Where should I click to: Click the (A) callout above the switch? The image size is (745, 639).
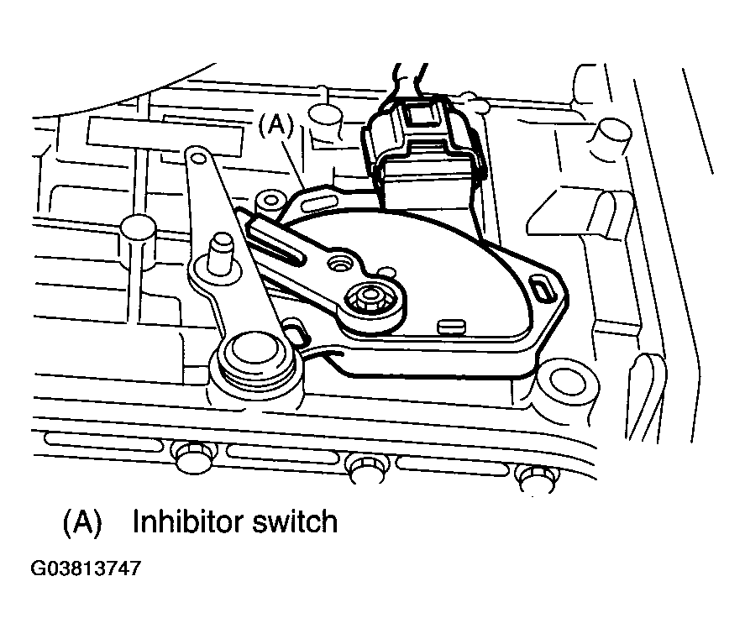276,126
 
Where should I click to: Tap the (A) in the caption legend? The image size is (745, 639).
82,523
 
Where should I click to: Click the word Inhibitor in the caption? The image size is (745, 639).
188,521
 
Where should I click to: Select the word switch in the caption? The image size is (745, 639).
295,521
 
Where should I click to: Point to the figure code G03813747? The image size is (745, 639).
86,568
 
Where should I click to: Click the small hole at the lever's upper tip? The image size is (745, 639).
198,158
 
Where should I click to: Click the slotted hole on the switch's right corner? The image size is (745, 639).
543,289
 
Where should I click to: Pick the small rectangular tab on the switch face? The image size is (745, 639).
451,327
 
